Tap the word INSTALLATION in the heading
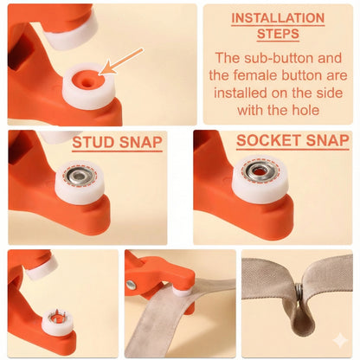coord(278,18)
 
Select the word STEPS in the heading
coord(278,34)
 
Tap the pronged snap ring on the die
coord(56,319)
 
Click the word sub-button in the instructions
coord(287,59)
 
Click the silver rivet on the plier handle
coord(132,285)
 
